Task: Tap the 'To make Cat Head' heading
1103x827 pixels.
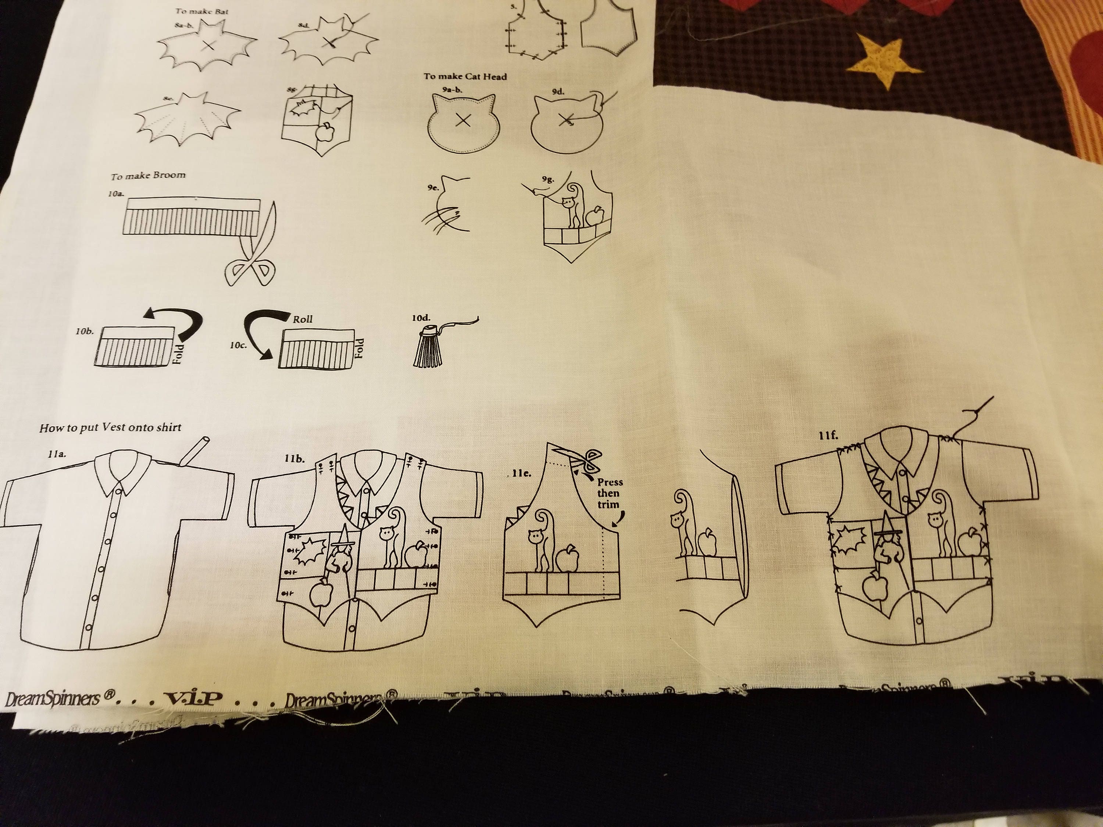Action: coord(465,76)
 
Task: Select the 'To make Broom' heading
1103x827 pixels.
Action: coord(148,175)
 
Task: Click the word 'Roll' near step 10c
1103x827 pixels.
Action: coord(303,319)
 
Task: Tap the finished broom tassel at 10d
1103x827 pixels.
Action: coord(427,349)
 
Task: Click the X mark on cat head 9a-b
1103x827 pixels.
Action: coord(463,119)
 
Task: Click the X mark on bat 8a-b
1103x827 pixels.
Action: coord(209,45)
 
